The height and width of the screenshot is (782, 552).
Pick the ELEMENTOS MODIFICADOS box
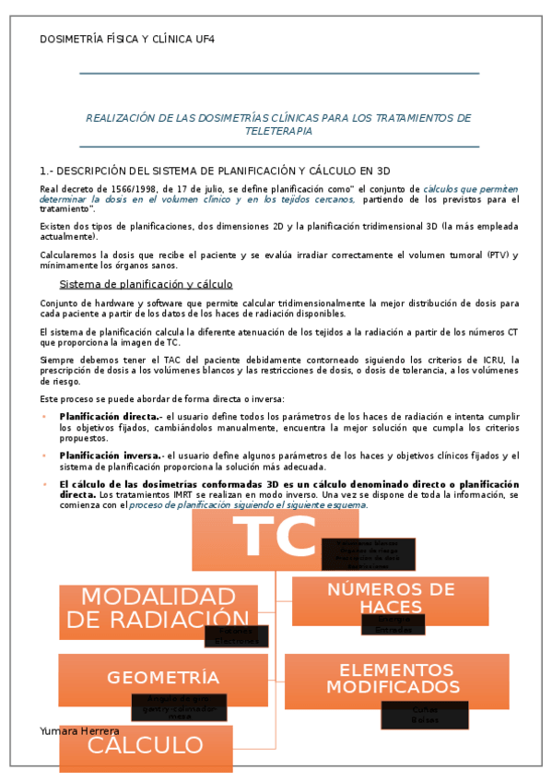pos(396,679)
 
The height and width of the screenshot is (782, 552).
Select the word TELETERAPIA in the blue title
pos(278,131)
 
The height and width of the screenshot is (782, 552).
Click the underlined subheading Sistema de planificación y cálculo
pos(146,284)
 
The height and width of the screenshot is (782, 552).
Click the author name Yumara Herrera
pos(80,730)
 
